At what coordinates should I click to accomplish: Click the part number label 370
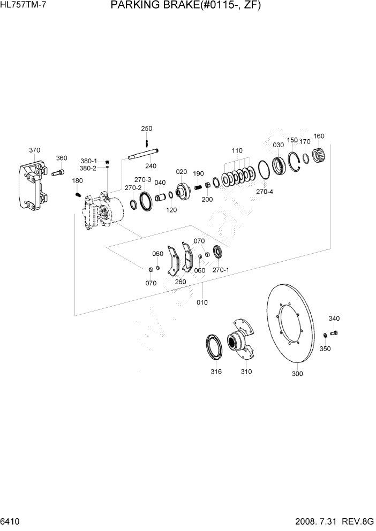[x=34, y=150]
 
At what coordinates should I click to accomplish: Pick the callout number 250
[x=146, y=128]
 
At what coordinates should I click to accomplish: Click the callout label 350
[x=325, y=348]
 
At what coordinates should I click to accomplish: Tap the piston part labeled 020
[x=183, y=191]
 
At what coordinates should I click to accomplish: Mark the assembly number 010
[x=202, y=302]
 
